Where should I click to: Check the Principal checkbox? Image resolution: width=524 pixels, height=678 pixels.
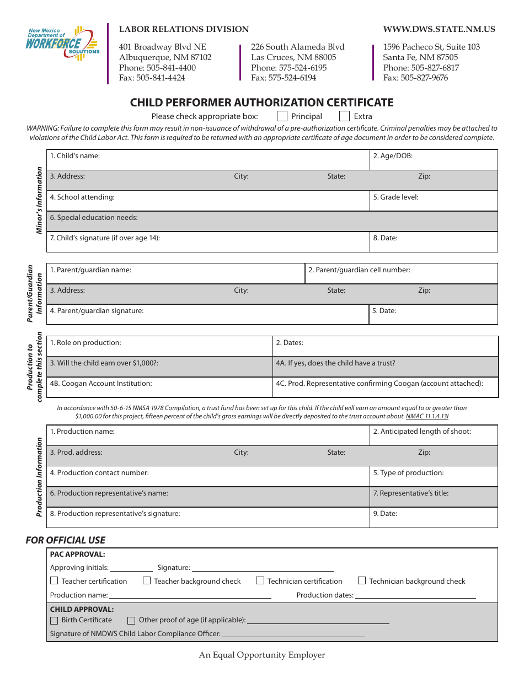tap(282, 116)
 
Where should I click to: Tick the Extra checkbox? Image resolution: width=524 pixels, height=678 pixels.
tap(344, 116)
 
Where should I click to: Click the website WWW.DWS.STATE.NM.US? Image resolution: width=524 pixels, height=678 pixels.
tap(439, 29)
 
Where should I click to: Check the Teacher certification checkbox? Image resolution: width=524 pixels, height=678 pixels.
tap(54, 580)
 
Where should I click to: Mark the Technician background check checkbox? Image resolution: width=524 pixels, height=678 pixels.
tap(362, 580)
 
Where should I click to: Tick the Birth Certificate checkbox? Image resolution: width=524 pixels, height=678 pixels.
tap(54, 620)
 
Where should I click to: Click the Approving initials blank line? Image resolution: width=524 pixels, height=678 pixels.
tap(131, 568)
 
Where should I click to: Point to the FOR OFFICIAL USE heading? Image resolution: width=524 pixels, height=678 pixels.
tap(66, 540)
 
